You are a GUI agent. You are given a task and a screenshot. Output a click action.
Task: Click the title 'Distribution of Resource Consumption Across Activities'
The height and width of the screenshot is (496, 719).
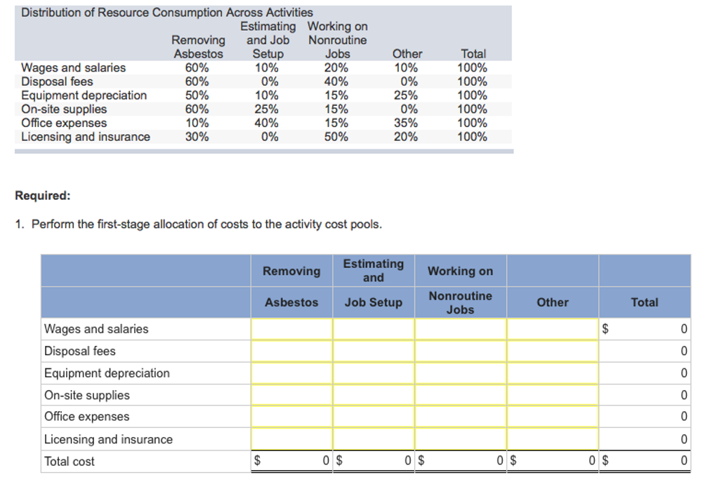167,13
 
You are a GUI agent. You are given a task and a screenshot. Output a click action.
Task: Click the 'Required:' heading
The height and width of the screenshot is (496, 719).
43,196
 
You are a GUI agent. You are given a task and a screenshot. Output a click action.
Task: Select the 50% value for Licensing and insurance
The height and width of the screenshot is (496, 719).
336,137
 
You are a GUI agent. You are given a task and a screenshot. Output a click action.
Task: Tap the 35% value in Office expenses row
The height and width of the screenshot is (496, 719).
407,123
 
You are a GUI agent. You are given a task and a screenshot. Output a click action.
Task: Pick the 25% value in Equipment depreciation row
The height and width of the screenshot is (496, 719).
407,95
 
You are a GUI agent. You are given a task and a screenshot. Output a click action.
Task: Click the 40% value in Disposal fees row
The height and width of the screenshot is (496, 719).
336,81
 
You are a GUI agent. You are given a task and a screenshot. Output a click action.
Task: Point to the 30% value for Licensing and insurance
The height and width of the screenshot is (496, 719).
197,137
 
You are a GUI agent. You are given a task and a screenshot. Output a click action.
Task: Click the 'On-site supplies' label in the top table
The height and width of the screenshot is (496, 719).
64,109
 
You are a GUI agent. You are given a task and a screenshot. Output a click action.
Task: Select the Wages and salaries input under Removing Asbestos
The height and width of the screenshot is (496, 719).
291,329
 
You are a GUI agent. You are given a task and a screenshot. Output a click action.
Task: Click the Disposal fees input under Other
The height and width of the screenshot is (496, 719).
553,351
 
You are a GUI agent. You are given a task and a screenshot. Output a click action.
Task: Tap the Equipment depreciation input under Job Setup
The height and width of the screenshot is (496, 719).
374,373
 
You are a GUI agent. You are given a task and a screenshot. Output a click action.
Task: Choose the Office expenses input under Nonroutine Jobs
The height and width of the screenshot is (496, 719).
461,417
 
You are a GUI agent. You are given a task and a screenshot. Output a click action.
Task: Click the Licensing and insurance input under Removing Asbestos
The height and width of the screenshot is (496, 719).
291,439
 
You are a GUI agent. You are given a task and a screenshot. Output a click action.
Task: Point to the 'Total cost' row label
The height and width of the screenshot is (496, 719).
69,461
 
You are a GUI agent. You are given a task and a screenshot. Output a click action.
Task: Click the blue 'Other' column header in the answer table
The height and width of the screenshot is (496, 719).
553,302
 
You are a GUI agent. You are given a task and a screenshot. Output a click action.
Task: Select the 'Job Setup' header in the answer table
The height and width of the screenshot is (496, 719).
374,302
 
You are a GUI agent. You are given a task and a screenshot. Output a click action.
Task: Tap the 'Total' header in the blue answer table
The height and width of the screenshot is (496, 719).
645,302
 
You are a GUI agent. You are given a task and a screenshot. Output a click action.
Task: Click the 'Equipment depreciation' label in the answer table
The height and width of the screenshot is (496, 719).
107,373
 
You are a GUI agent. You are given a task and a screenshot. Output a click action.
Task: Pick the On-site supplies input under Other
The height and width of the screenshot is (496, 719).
553,395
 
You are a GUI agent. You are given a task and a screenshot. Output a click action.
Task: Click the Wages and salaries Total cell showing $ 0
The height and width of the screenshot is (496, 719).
645,329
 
